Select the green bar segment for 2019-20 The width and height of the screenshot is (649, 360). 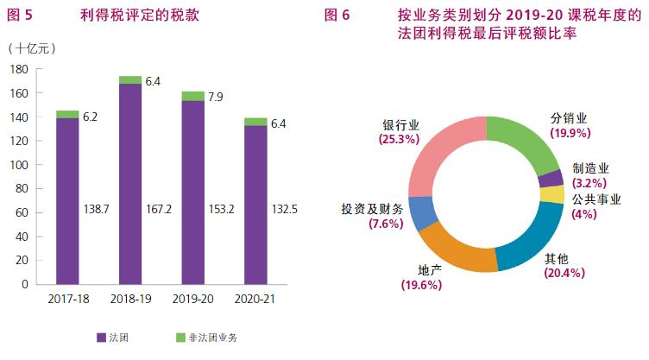pyautogui.click(x=193, y=96)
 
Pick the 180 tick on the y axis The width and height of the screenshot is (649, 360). pyautogui.click(x=18, y=69)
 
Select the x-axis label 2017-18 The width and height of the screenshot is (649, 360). pyautogui.click(x=67, y=299)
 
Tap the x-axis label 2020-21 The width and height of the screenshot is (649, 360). pyautogui.click(x=255, y=299)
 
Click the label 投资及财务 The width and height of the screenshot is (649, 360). pyautogui.click(x=372, y=211)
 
